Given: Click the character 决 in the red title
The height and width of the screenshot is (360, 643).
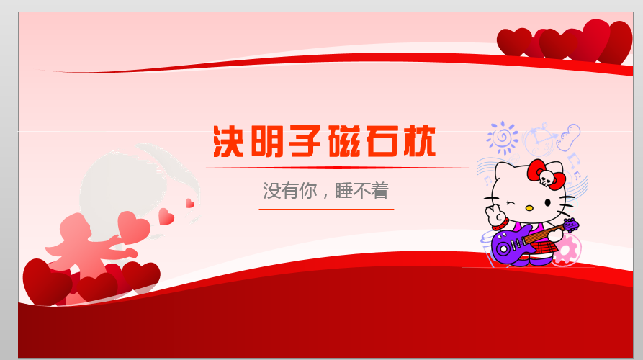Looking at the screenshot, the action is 228,141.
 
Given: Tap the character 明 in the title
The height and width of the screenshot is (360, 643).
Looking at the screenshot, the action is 267,141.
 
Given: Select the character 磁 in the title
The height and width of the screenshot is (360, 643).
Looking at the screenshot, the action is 344,141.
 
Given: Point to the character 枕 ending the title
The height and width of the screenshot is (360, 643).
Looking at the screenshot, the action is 419,141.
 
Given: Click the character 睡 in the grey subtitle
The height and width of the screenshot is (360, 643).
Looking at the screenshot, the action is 343,191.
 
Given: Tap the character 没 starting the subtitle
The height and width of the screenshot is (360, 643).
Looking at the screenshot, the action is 271,191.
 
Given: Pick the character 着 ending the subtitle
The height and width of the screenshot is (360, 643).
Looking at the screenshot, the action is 379,191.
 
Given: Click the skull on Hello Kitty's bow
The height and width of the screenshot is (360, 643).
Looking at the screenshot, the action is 547,178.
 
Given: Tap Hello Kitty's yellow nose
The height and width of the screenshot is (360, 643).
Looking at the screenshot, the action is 529,208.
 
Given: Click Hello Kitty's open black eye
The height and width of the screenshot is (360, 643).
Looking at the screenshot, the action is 547,202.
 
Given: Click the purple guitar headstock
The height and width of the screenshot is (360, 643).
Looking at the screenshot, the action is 570,225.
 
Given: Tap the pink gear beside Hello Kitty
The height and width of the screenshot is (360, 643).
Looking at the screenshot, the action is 567,249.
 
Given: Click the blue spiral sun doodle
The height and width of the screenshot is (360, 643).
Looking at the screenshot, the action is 503,138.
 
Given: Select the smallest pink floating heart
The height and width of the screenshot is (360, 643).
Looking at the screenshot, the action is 190,203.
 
